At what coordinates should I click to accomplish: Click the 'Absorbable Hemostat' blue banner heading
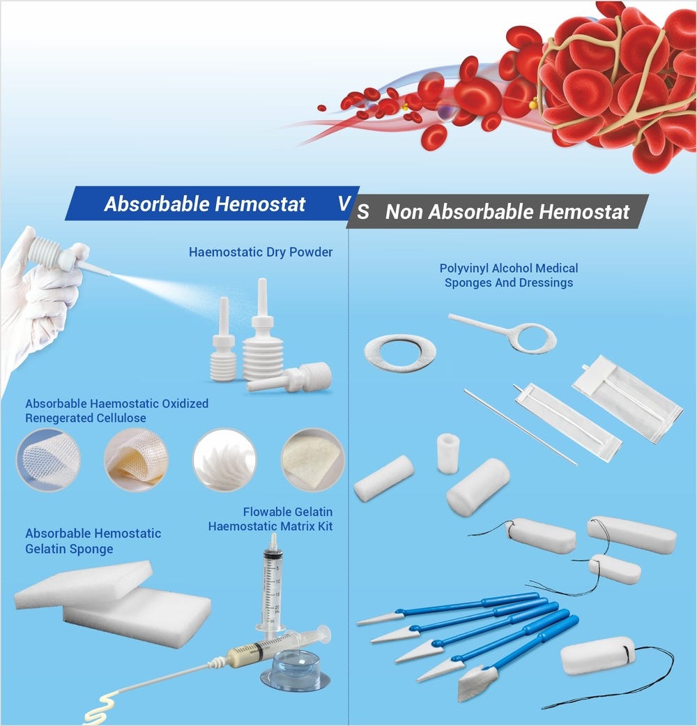click(x=205, y=204)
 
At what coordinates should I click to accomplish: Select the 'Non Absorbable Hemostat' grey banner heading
click(x=507, y=212)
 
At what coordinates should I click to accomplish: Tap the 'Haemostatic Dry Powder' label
click(x=261, y=252)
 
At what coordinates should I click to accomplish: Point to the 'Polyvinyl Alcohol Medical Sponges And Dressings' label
click(x=509, y=275)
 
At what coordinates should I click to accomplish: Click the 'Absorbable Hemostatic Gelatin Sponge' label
click(x=93, y=541)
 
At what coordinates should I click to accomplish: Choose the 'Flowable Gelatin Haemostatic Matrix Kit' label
click(x=270, y=519)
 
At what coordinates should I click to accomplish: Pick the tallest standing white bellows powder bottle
click(x=261, y=335)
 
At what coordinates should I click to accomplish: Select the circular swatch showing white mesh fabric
click(x=48, y=460)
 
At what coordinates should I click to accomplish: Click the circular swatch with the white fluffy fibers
click(x=224, y=460)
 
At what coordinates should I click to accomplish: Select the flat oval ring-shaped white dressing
click(x=399, y=353)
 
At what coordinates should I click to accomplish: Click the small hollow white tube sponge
click(x=447, y=453)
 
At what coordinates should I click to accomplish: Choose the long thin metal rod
click(x=520, y=427)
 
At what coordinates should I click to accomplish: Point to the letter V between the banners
click(x=344, y=203)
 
